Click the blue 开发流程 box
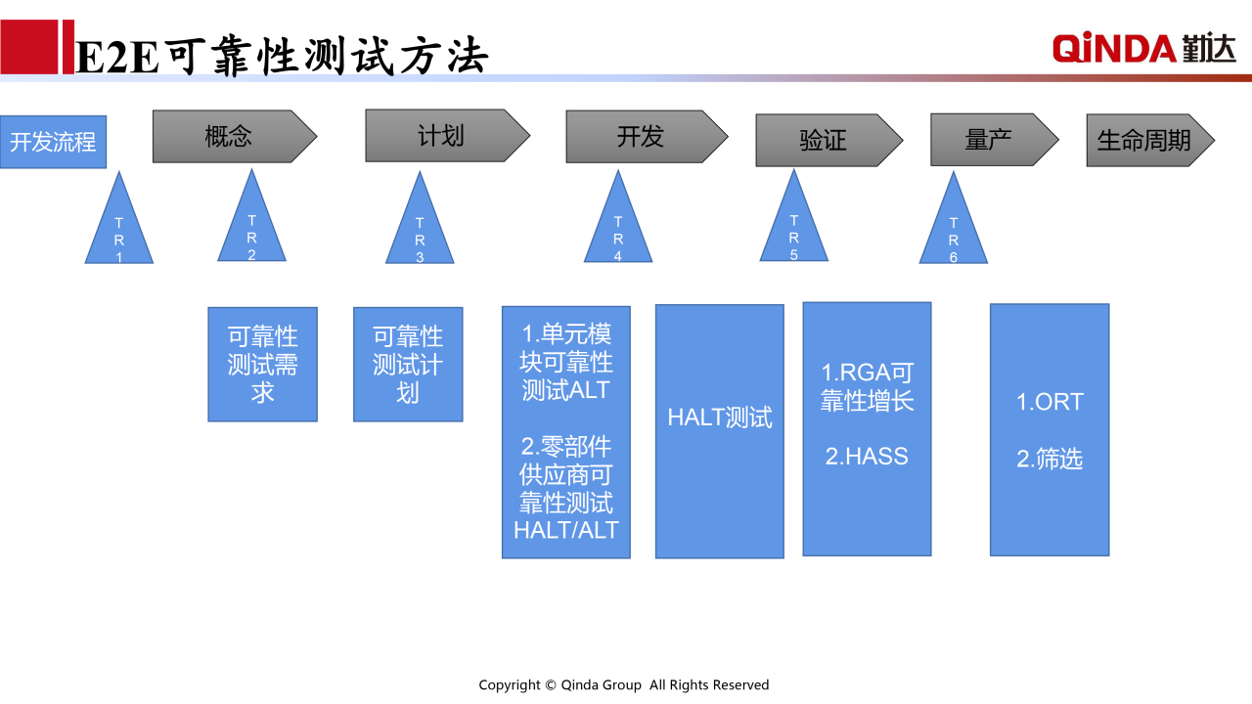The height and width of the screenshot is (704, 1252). pyautogui.click(x=53, y=142)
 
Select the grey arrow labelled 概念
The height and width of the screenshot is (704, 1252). pyautogui.click(x=235, y=136)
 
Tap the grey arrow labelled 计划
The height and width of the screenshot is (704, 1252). pyautogui.click(x=447, y=136)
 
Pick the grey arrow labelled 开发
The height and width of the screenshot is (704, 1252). pyautogui.click(x=647, y=137)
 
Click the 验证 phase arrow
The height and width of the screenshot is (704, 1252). pyautogui.click(x=828, y=140)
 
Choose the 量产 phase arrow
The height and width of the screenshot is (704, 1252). pyautogui.click(x=995, y=140)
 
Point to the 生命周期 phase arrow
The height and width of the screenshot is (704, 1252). pyautogui.click(x=1150, y=140)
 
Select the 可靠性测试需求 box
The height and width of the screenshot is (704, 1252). pyautogui.click(x=263, y=365)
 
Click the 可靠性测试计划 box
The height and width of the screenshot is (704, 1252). pyautogui.click(x=408, y=365)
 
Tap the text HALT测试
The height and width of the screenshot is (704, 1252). pyautogui.click(x=720, y=418)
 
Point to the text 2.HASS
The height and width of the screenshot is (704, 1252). pyautogui.click(x=867, y=457)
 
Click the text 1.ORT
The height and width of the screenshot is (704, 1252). pyautogui.click(x=1050, y=402)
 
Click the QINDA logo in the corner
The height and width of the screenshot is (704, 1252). pyautogui.click(x=1144, y=48)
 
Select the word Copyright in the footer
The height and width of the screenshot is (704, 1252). pyautogui.click(x=510, y=685)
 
